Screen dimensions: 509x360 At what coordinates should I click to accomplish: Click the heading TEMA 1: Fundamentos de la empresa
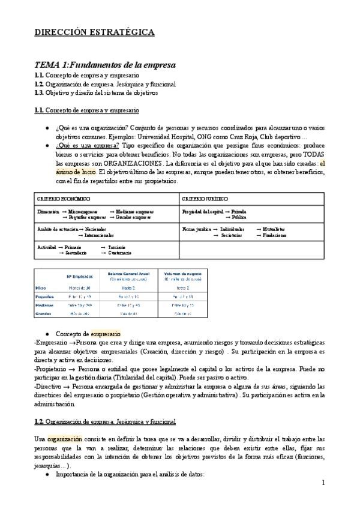[x=105, y=65]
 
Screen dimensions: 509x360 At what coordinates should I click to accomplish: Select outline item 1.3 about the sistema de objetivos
[x=96, y=92]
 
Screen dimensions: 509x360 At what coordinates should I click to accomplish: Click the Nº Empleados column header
[x=80, y=277]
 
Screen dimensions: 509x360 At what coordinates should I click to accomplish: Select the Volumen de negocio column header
[x=179, y=274]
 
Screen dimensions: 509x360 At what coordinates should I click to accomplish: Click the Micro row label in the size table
[x=41, y=288]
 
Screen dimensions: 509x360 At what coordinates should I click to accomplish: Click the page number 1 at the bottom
[x=323, y=482]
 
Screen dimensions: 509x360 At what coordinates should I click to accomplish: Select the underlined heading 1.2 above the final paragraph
[x=104, y=422]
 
